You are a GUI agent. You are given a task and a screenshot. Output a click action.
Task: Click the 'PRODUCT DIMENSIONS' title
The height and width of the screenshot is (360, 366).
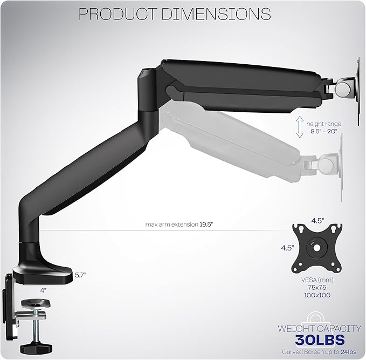(x=174, y=13)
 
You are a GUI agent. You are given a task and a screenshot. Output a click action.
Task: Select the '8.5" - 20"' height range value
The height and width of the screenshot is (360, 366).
(x=323, y=131)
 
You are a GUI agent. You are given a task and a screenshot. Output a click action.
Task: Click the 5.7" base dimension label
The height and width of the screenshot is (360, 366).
(x=81, y=274)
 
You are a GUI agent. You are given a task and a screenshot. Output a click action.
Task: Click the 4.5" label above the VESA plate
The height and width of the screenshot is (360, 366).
(x=317, y=221)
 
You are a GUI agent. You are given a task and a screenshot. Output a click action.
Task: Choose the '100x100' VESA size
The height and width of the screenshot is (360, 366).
(x=317, y=295)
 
